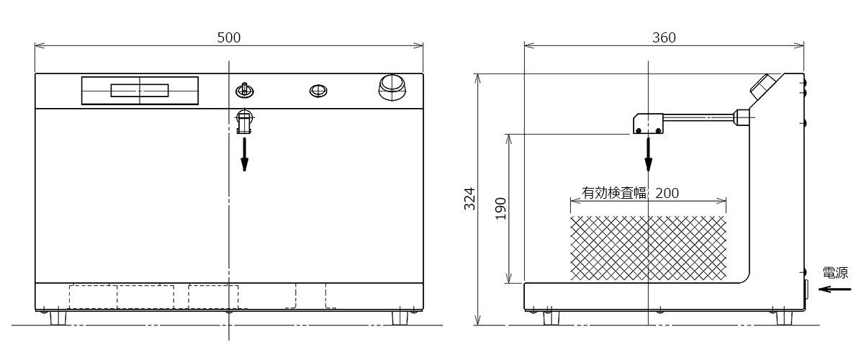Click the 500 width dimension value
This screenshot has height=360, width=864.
pyautogui.click(x=229, y=37)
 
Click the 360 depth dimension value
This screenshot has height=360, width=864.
pyautogui.click(x=664, y=37)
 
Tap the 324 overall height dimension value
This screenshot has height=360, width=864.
pyautogui.click(x=469, y=199)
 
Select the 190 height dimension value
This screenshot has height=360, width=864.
pyautogui.click(x=500, y=208)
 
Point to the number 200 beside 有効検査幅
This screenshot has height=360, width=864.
pyautogui.click(x=667, y=193)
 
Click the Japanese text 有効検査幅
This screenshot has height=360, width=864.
pyautogui.click(x=614, y=193)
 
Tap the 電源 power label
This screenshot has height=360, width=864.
pyautogui.click(x=835, y=273)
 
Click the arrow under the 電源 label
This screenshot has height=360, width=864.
pyautogui.click(x=834, y=289)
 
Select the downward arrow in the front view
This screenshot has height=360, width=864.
pyautogui.click(x=244, y=154)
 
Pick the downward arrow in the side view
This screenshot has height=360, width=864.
pyautogui.click(x=649, y=154)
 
